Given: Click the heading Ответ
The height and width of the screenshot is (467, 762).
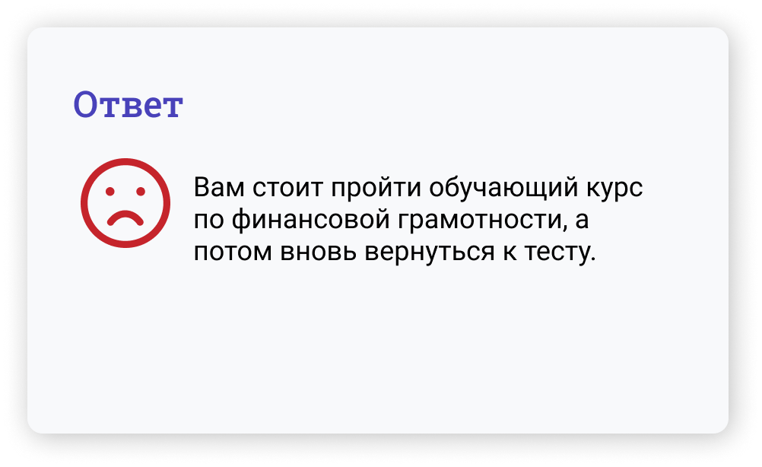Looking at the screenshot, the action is pos(128,104).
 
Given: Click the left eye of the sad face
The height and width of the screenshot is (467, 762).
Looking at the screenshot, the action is pos(110,192).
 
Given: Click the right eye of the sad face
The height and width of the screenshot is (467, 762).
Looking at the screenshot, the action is pos(141,192).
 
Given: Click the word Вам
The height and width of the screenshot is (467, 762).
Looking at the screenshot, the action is pos(219,187).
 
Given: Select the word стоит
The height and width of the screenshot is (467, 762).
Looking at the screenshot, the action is pos(287,187).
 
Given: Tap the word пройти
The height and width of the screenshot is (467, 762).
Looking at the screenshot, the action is pos(376,188).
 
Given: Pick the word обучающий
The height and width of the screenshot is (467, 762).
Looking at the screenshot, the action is pos(503,188).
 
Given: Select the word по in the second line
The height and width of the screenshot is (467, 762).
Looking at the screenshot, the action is pos(208,220).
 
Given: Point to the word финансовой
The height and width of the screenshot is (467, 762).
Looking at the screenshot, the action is pos(310,221).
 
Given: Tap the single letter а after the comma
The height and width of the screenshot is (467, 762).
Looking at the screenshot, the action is pos(583,220).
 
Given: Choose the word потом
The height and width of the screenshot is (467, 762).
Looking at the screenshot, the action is pos(233,252).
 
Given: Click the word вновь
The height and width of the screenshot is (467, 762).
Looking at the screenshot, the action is pos(319,252).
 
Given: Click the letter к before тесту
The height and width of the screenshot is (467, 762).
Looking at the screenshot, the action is pos(510,252).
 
